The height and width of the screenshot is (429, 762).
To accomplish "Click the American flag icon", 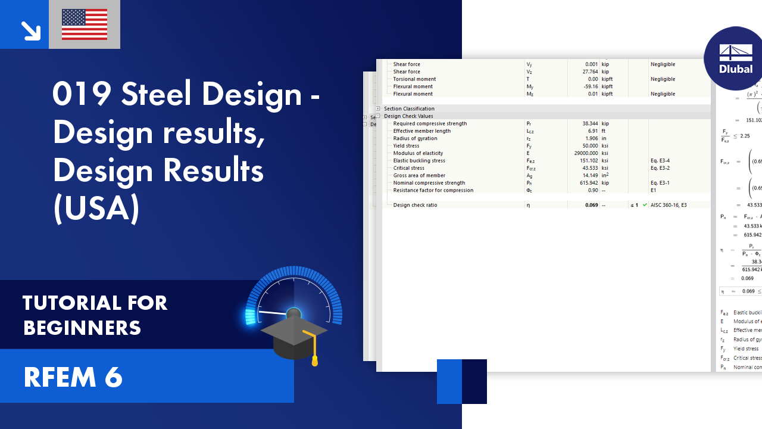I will click(85, 24).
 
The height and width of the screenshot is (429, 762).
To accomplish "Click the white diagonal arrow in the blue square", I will click(30, 30).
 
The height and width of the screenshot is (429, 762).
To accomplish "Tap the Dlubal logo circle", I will click(735, 58).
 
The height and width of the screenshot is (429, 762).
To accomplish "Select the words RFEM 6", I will click(73, 377).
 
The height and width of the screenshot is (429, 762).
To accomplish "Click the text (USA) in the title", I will click(96, 209).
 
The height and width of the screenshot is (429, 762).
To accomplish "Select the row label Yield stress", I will click(406, 146).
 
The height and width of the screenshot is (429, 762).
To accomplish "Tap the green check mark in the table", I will click(645, 205).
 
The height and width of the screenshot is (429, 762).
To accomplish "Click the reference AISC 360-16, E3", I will click(669, 205).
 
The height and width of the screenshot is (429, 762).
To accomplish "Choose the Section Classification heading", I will click(409, 108).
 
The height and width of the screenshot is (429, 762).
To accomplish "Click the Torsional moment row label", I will click(414, 79).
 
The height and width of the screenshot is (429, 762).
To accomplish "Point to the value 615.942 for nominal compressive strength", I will click(586, 183).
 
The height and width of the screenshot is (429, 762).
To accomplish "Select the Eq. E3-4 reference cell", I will click(660, 160).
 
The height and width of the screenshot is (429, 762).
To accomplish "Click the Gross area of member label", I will click(419, 175).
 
